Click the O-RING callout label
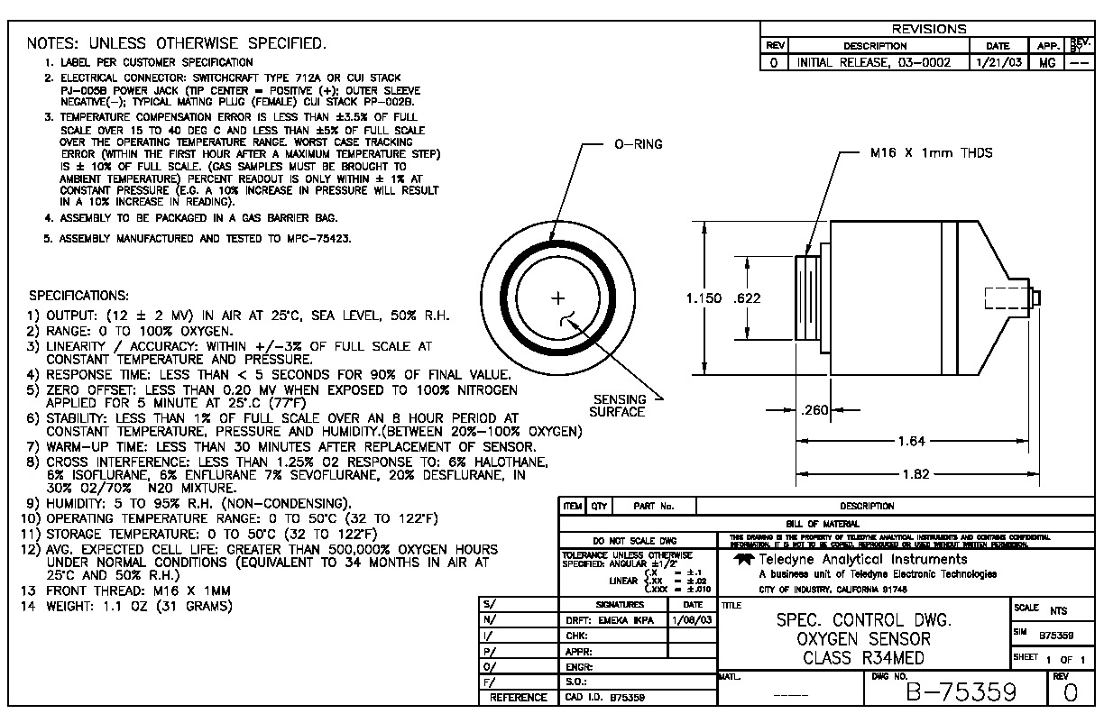639,145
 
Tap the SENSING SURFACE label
619,406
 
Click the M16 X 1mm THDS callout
931,153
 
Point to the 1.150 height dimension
704,298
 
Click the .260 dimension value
814,411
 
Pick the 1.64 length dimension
911,441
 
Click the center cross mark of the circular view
558,297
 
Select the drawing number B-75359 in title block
961,692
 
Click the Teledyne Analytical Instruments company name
863,560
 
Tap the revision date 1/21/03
998,63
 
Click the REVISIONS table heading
928,29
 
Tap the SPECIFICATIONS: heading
79,296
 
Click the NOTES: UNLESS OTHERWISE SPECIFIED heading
177,43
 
